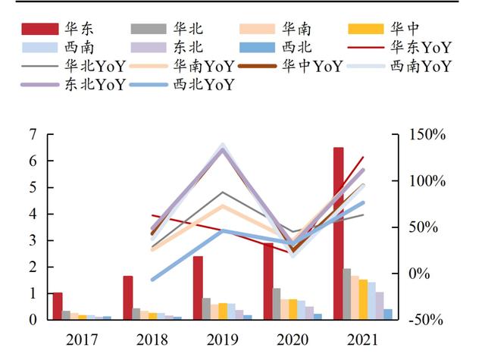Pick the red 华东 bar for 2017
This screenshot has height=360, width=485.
(58, 306)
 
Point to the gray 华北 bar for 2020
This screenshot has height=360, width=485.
(277, 304)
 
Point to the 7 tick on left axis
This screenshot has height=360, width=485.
(32, 135)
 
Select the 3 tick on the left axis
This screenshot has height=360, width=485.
(32, 241)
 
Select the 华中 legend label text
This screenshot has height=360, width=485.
(405, 29)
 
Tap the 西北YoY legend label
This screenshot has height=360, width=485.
(204, 84)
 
